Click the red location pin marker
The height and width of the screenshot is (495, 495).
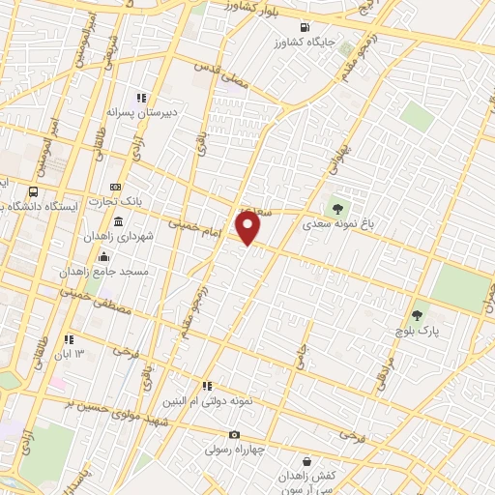coord(248,229)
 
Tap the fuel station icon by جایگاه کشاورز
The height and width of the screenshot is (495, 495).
coord(306,27)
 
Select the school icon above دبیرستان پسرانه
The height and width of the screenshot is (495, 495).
coord(140,98)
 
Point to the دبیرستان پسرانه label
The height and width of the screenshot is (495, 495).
coord(144,112)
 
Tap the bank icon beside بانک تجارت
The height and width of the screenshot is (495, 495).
coord(115,187)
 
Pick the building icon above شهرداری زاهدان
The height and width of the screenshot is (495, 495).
coord(118,221)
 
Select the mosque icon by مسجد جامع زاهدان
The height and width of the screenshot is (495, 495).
coord(104,256)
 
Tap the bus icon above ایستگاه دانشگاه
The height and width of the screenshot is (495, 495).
coord(35,191)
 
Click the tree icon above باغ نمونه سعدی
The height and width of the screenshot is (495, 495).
coord(337,205)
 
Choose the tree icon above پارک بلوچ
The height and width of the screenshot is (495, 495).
coord(418,314)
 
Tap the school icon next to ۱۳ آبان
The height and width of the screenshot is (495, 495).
coord(69,339)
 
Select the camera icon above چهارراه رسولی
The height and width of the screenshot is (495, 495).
coord(234,435)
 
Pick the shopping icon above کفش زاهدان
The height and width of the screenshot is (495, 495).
coord(306,461)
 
